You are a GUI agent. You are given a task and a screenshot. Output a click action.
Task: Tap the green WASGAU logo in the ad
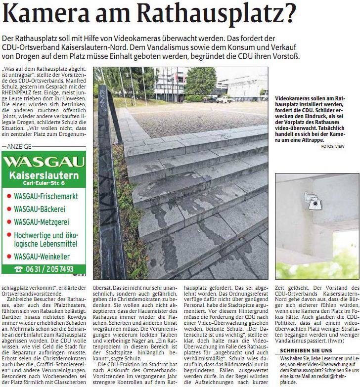43,162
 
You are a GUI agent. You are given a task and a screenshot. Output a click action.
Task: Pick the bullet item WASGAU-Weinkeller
42,257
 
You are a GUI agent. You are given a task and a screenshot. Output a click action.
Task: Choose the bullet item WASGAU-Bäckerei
40,208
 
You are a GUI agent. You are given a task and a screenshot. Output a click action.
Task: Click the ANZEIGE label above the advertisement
20,146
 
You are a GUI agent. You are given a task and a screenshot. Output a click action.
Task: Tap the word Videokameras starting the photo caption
293,98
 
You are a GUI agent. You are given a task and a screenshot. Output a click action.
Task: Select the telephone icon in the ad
19,269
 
